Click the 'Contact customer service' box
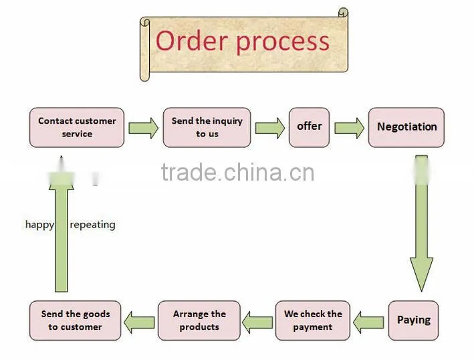coord(77,127)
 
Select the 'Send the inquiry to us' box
coord(207,127)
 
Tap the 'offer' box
coord(309,127)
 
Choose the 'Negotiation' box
coord(406,127)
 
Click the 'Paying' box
coord(413,321)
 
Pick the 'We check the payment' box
coord(313,321)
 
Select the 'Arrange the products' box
coord(199,321)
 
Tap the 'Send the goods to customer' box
coord(76,321)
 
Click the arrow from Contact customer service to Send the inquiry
coord(143,128)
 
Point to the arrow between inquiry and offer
coord(269,128)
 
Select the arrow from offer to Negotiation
coord(349,128)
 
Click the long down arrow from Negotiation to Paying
coord(421,223)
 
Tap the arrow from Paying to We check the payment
coord(368,323)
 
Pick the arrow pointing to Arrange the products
coord(257,323)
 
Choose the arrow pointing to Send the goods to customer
coord(139,323)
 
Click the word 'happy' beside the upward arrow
coord(39,225)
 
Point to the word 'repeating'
coord(92,225)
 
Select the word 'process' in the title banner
coord(283,43)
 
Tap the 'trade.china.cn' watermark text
coord(237,172)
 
